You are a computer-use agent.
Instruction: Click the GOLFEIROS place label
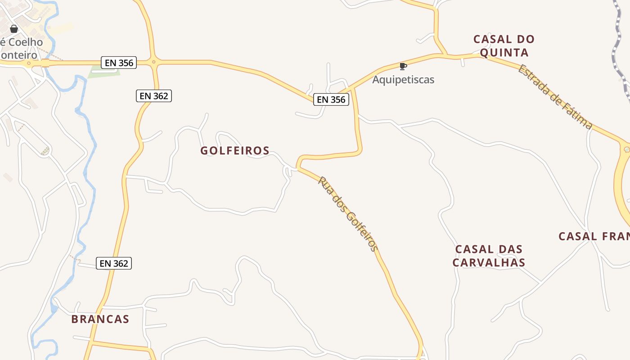[235, 151]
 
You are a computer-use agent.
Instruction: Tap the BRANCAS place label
[100, 319]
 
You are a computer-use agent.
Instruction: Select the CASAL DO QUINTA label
[504, 46]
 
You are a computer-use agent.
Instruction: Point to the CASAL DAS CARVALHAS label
[489, 256]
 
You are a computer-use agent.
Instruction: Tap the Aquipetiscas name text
[403, 80]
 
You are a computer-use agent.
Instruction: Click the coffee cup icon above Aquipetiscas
[403, 66]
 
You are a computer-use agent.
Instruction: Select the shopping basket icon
[14, 29]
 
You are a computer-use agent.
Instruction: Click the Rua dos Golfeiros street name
[348, 213]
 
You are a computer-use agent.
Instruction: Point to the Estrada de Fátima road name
[554, 97]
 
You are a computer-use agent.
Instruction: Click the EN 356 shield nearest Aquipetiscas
[331, 99]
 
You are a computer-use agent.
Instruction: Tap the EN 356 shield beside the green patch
[119, 63]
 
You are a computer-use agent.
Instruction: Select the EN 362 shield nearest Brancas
[114, 263]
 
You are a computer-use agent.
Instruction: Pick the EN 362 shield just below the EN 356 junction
[154, 95]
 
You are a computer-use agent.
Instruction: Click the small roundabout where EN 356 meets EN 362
[153, 62]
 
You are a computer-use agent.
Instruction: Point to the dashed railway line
[619, 49]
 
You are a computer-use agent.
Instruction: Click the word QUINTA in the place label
[504, 53]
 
